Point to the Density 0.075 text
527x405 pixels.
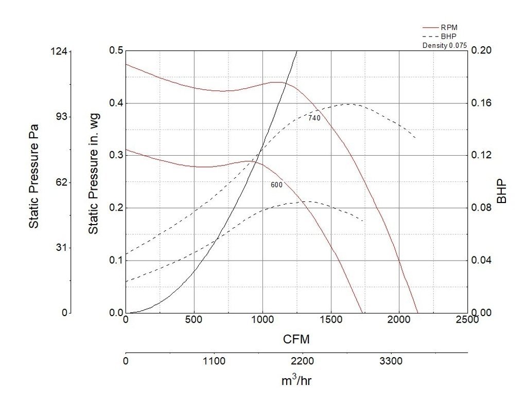444,46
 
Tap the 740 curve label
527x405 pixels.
314,118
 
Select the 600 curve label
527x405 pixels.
276,185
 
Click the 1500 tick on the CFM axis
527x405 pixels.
331,320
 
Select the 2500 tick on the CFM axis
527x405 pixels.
467,320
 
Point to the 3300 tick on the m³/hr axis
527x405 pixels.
391,361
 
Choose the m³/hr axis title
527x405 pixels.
296,381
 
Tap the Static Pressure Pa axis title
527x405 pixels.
34,182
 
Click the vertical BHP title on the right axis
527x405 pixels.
502,192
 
